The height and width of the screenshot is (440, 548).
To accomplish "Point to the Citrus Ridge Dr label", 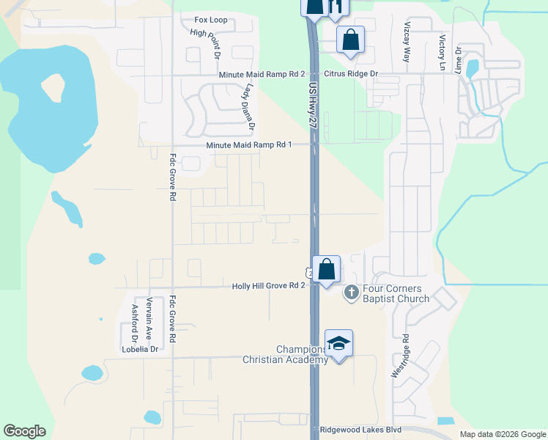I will [x=352, y=75].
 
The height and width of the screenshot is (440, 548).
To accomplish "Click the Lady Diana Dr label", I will [x=248, y=106].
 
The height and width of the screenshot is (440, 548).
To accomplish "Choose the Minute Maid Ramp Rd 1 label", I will [x=249, y=145].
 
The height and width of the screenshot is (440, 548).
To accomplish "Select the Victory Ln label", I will [x=443, y=52].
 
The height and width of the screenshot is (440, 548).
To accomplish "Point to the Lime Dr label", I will [x=459, y=61].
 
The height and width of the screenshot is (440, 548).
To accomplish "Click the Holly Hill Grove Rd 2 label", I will [x=268, y=286].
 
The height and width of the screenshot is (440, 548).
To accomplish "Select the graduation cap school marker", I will [x=339, y=343].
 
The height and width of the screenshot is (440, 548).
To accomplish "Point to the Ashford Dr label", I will [x=134, y=325].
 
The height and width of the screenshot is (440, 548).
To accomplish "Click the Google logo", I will [x=24, y=431].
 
